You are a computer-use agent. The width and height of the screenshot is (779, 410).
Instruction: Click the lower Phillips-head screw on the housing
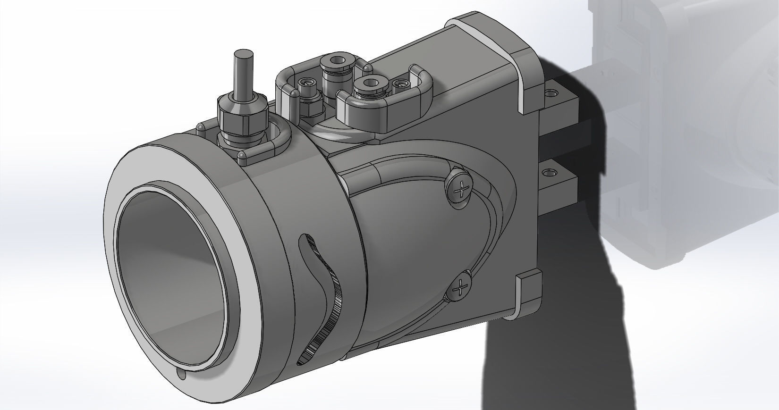pos(458,287)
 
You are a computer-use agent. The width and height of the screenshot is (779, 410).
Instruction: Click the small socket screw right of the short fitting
pos(402,84)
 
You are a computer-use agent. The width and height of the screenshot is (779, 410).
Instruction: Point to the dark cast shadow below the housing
pos(543,354)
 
